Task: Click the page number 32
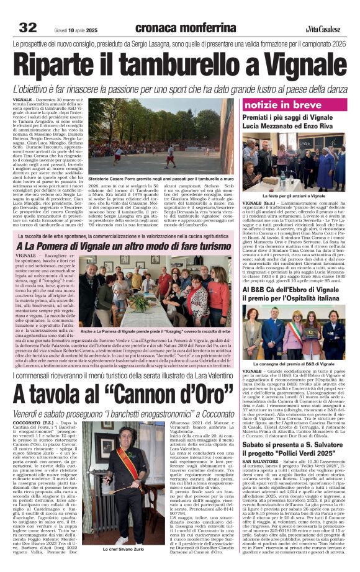pyautogui.click(x=27, y=27)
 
